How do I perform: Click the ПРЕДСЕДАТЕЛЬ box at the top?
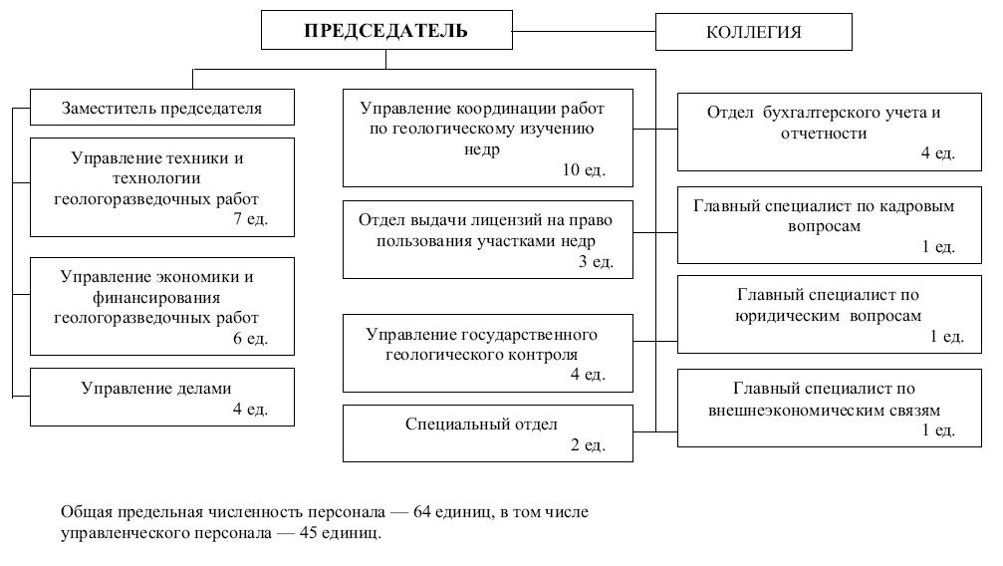[385, 31]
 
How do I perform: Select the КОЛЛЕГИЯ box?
[753, 32]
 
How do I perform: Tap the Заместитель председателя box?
[161, 109]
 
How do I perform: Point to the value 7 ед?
[250, 219]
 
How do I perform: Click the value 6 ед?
[250, 339]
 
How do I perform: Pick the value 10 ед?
[584, 170]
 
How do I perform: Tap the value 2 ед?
[588, 444]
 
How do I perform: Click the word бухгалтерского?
[822, 113]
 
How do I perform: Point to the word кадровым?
[920, 206]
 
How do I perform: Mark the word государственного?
[532, 333]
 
